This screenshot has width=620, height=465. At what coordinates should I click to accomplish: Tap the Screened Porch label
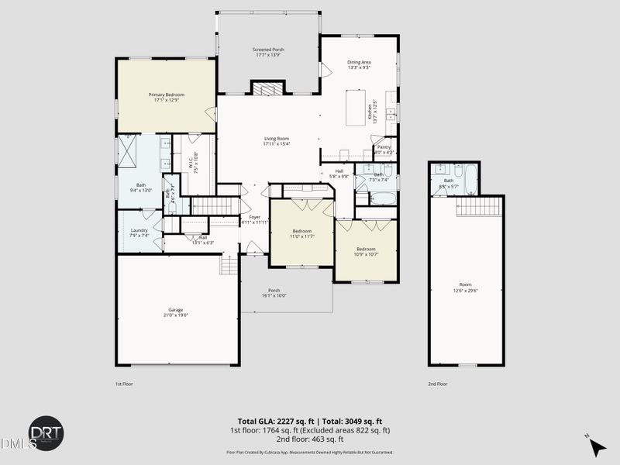coord(267,49)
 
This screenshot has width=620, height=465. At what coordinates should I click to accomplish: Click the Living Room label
coord(277,139)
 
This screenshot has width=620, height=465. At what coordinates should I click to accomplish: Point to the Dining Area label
coord(359,62)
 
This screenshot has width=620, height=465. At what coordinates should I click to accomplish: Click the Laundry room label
coord(139,230)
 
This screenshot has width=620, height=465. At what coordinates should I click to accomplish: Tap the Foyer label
coord(254,217)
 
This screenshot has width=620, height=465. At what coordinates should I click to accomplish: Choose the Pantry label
coord(384,146)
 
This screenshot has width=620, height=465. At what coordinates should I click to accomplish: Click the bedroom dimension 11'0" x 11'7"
coord(301,236)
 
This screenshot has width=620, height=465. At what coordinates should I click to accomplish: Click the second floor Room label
coord(465,284)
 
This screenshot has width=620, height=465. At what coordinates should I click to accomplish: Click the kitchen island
coord(358,106)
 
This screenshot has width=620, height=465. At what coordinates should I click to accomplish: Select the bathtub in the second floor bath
coord(471,177)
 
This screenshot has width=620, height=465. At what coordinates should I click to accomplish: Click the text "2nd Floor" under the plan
coord(438,384)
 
